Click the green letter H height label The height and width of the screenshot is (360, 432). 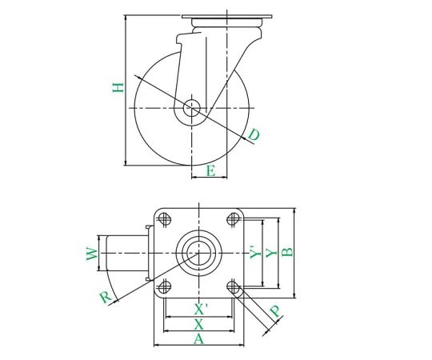pyautogui.click(x=118, y=87)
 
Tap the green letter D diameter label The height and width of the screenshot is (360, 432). pyautogui.click(x=254, y=135)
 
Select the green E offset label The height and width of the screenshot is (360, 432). pyautogui.click(x=210, y=170)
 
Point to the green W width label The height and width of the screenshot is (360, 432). pyautogui.click(x=92, y=254)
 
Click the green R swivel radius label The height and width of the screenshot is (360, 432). pyautogui.click(x=106, y=298)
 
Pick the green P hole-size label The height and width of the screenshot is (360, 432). pyautogui.click(x=275, y=311)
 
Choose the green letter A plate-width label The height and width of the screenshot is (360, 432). pyautogui.click(x=198, y=338)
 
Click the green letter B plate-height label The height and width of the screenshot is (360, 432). pyautogui.click(x=287, y=252)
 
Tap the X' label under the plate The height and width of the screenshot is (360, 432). pyautogui.click(x=201, y=309)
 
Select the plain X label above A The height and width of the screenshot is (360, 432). pyautogui.click(x=198, y=324)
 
